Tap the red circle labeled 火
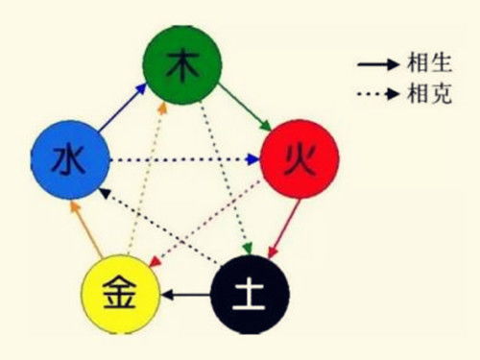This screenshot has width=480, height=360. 299,158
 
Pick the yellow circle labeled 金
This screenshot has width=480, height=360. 120,292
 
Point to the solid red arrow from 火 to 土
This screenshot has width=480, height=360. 285,226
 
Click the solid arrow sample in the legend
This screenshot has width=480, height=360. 377,65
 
